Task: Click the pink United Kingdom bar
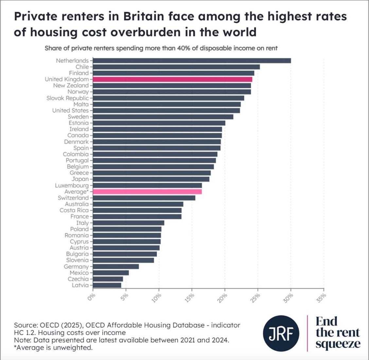pyautogui.click(x=172, y=79)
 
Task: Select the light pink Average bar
pyautogui.click(x=147, y=192)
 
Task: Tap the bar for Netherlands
pyautogui.click(x=192, y=61)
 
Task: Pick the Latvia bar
pyautogui.click(x=107, y=285)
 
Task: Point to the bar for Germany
pyautogui.click(x=116, y=266)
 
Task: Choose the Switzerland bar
pyautogui.click(x=144, y=198)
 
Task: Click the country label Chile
pyautogui.click(x=82, y=67)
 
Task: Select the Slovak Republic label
pyautogui.click(x=67, y=98)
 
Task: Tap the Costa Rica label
pyautogui.click(x=74, y=210)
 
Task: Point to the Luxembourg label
pyautogui.click(x=72, y=186)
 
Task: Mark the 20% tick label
pyautogui.click(x=222, y=298)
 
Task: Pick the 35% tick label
pyautogui.click(x=321, y=298)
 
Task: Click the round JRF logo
pyautogui.click(x=281, y=333)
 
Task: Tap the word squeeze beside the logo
pyautogui.click(x=338, y=344)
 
